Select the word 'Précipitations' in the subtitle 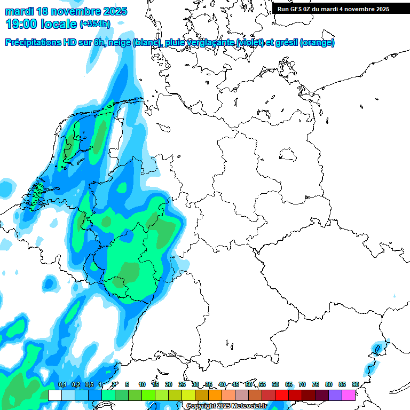[31, 43]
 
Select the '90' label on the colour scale [355, 384]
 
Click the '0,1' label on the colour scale [62, 384]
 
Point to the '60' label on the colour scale [275, 384]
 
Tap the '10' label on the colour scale [142, 384]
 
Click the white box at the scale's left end [54, 395]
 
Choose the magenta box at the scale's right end [349, 395]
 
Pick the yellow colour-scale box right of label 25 [188, 395]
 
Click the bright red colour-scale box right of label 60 [282, 395]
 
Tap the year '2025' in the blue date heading [113, 11]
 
